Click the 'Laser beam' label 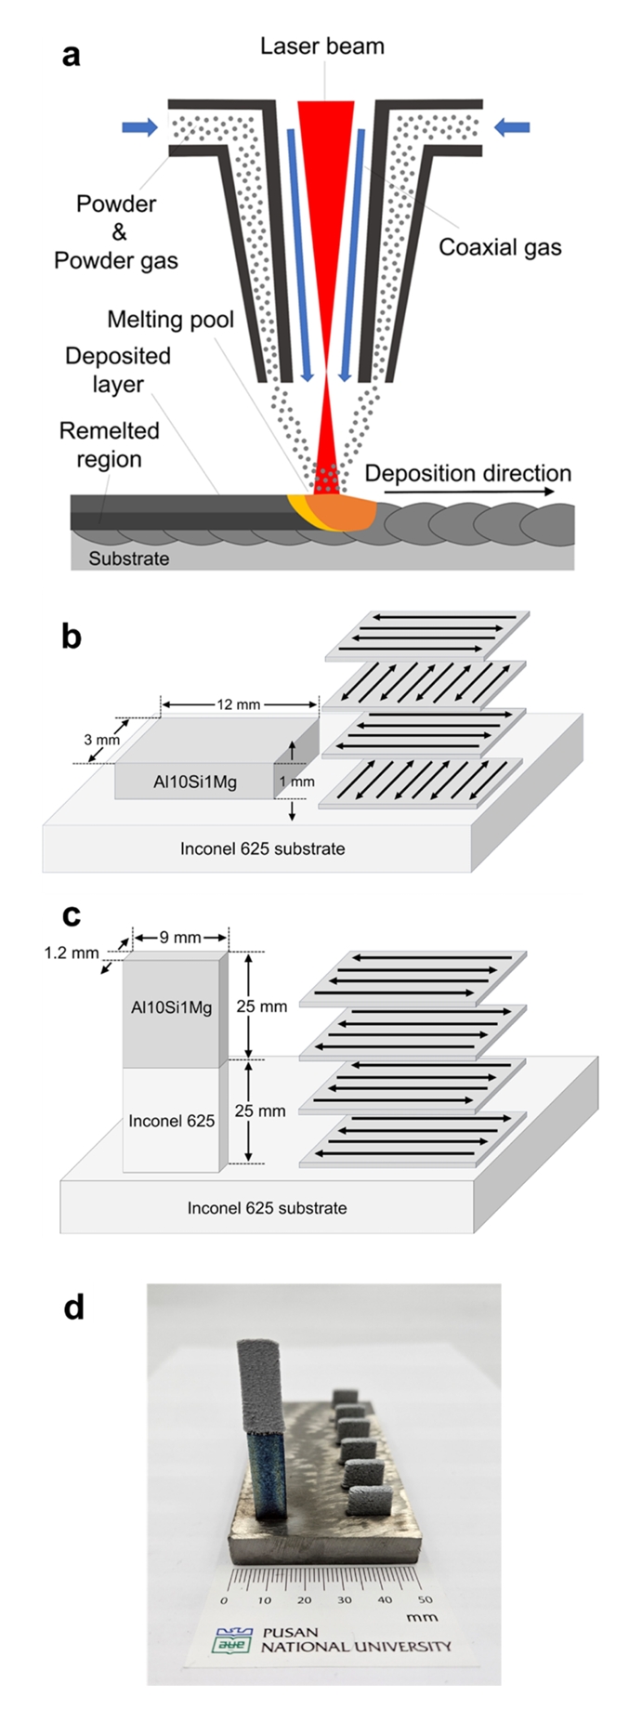(x=321, y=46)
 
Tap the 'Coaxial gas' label (x=500, y=247)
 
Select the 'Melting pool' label (x=170, y=320)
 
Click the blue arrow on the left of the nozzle (x=140, y=127)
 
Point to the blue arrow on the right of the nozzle (x=511, y=127)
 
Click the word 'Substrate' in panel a (x=128, y=559)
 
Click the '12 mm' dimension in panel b (x=239, y=704)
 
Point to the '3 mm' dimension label (x=101, y=740)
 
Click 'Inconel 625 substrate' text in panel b (x=262, y=848)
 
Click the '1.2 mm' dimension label (x=72, y=953)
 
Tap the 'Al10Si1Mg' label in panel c (x=172, y=1006)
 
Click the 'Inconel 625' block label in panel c (x=172, y=1121)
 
